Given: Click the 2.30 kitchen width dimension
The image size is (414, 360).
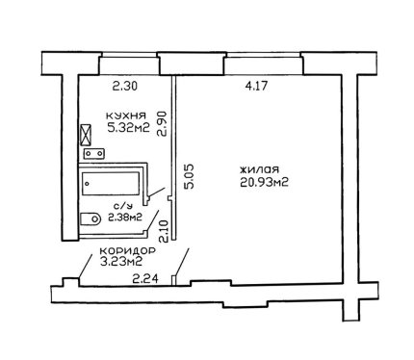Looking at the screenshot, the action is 125,86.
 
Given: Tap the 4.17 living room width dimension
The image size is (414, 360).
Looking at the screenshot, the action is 255,86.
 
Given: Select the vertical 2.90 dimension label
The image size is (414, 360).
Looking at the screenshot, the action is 163,124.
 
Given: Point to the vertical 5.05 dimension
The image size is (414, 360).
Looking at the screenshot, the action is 189,176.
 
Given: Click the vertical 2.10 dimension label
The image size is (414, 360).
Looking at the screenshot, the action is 164,231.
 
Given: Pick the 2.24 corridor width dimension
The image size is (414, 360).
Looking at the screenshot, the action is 145,279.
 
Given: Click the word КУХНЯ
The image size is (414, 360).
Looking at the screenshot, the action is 126,116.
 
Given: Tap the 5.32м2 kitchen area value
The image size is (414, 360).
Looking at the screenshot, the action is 129,128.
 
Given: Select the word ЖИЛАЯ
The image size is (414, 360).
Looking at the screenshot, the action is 260,169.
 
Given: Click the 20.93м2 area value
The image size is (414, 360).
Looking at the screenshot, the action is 264,182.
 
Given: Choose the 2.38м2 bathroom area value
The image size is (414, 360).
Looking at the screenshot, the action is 125,218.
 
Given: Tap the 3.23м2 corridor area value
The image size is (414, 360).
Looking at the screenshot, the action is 121,262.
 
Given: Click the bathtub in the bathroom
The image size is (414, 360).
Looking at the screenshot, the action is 111,183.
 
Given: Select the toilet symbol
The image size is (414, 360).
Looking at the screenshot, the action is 91,219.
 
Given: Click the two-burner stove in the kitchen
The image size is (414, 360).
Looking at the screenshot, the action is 94,154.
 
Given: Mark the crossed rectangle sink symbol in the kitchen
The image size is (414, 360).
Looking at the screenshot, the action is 86,135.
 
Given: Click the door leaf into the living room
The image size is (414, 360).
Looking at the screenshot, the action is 182,261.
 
